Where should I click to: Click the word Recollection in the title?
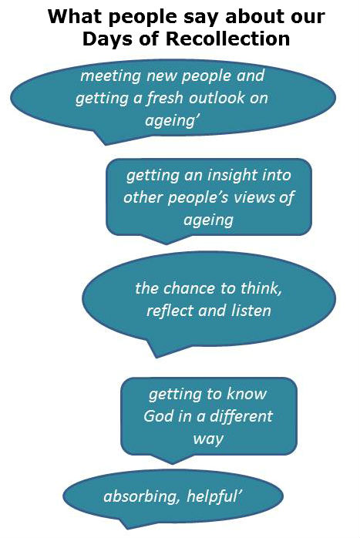point(228,39)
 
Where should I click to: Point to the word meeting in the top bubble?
point(110,76)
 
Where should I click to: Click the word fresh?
point(165,98)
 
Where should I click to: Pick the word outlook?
point(217,98)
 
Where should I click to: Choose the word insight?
point(232,176)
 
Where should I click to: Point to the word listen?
point(251,311)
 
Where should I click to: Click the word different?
point(241,416)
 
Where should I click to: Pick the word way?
point(208,439)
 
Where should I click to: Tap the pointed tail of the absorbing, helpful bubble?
point(127,529)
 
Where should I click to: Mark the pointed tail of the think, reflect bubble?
point(156,358)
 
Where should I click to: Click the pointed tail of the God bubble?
point(172,464)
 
